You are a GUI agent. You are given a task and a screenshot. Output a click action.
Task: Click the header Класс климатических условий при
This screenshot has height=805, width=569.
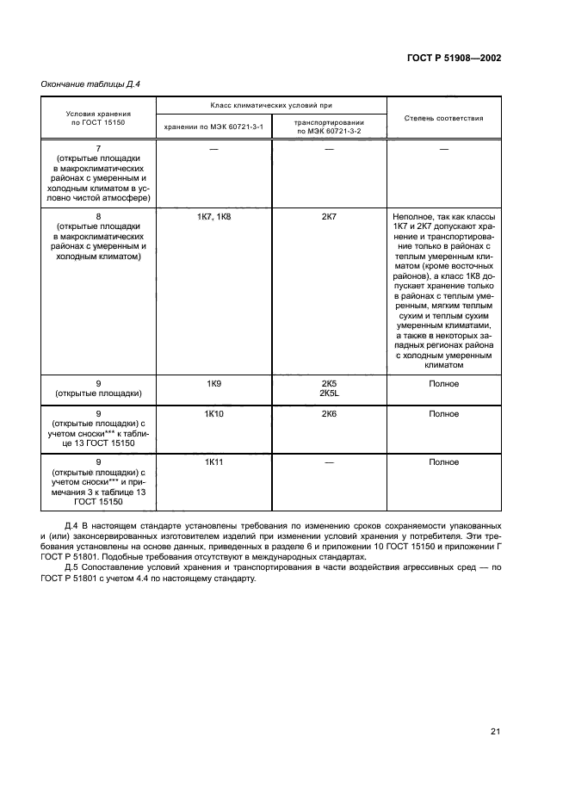tap(271, 106)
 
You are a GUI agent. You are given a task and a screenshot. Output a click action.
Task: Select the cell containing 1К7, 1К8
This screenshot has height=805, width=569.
tap(213, 218)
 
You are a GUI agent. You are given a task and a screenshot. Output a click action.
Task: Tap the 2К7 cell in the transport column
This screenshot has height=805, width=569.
tap(329, 218)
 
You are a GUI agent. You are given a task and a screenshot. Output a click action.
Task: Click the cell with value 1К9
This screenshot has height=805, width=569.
tap(213, 383)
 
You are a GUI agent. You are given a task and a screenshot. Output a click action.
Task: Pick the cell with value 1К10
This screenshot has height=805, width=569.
tap(213, 414)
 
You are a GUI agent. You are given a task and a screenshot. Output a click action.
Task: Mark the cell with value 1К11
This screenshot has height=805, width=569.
tap(213, 462)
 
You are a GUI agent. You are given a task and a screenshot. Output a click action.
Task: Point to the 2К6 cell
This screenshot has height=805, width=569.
tap(329, 414)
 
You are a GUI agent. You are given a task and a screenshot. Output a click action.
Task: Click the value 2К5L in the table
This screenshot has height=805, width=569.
tap(329, 393)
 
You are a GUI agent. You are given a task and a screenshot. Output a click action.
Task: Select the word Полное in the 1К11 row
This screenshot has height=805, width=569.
tap(443, 462)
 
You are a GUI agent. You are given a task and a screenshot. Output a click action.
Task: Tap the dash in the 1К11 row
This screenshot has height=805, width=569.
tap(329, 462)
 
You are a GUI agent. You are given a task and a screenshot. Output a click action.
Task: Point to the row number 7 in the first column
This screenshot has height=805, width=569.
tap(98, 150)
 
